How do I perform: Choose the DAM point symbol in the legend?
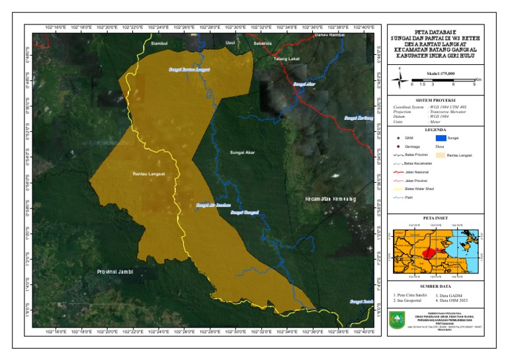(398, 138)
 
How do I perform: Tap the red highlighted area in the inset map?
(431, 252)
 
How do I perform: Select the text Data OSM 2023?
(452, 300)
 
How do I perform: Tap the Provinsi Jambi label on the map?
(115, 271)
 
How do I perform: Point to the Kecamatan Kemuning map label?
(331, 199)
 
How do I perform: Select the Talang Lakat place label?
(287, 59)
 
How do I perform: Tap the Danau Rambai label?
(329, 34)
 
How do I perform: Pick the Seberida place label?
(263, 43)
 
